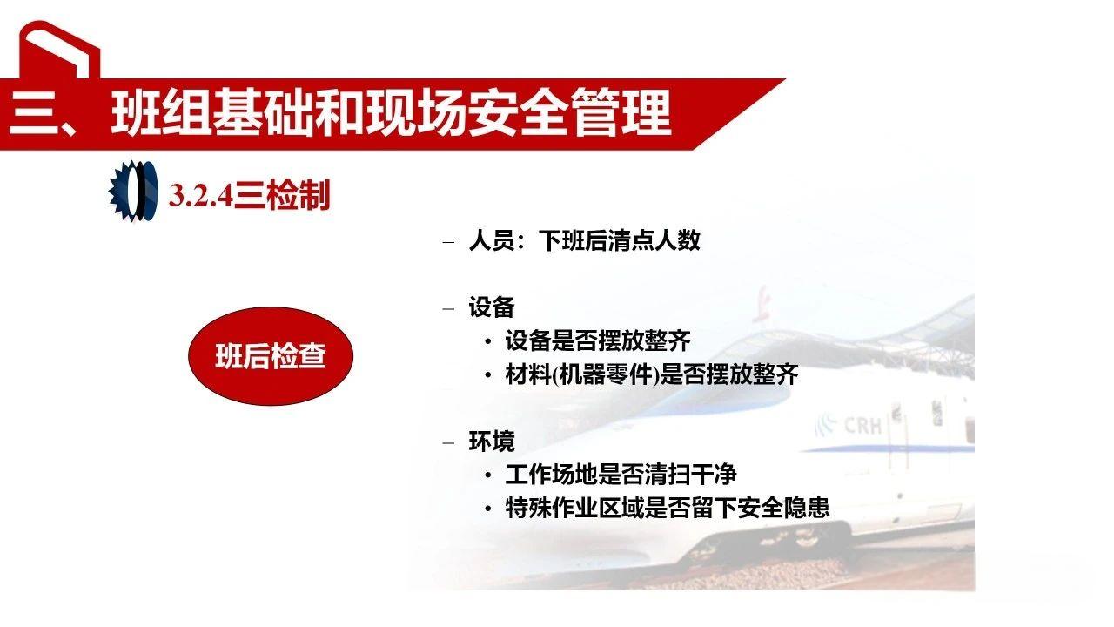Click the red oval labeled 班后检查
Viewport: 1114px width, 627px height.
click(271, 356)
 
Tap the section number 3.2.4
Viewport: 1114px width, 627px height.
click(200, 196)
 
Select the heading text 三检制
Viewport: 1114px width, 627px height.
click(282, 196)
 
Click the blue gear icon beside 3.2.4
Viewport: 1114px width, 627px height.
click(132, 190)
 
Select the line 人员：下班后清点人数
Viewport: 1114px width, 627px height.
click(584, 240)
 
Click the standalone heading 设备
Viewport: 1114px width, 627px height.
click(492, 307)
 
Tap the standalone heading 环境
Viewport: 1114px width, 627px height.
click(492, 442)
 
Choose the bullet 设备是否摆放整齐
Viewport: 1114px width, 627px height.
click(598, 340)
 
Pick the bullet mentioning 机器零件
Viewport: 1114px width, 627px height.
click(652, 374)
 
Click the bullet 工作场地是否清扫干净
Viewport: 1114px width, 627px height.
click(621, 475)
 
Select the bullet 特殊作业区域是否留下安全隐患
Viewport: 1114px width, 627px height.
click(668, 508)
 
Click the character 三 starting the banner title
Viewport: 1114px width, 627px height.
click(32, 114)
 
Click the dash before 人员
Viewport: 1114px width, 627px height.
click(449, 241)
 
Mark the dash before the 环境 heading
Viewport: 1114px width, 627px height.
click(449, 442)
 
